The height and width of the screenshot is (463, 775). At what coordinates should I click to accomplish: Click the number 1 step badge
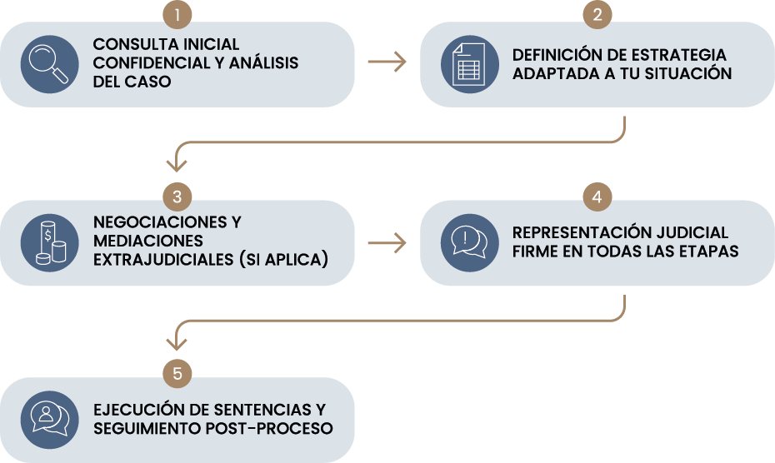click(x=177, y=14)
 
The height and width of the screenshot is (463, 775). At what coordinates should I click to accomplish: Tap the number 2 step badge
click(x=597, y=14)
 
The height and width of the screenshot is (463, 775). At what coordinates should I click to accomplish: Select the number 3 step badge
click(x=177, y=197)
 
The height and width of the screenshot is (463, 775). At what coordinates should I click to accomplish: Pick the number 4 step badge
click(x=597, y=197)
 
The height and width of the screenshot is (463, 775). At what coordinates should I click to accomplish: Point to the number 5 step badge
click(x=177, y=374)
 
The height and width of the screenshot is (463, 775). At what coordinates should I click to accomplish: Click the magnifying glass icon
click(x=49, y=64)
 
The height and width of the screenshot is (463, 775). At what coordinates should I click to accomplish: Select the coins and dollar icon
click(x=49, y=242)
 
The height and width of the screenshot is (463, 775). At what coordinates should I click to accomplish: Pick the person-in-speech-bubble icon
click(x=49, y=419)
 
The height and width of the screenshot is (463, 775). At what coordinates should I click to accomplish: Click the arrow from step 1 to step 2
click(x=387, y=63)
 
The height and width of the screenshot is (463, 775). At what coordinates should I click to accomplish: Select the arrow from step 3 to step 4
click(x=387, y=242)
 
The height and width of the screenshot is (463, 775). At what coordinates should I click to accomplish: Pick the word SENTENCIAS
click(x=264, y=411)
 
